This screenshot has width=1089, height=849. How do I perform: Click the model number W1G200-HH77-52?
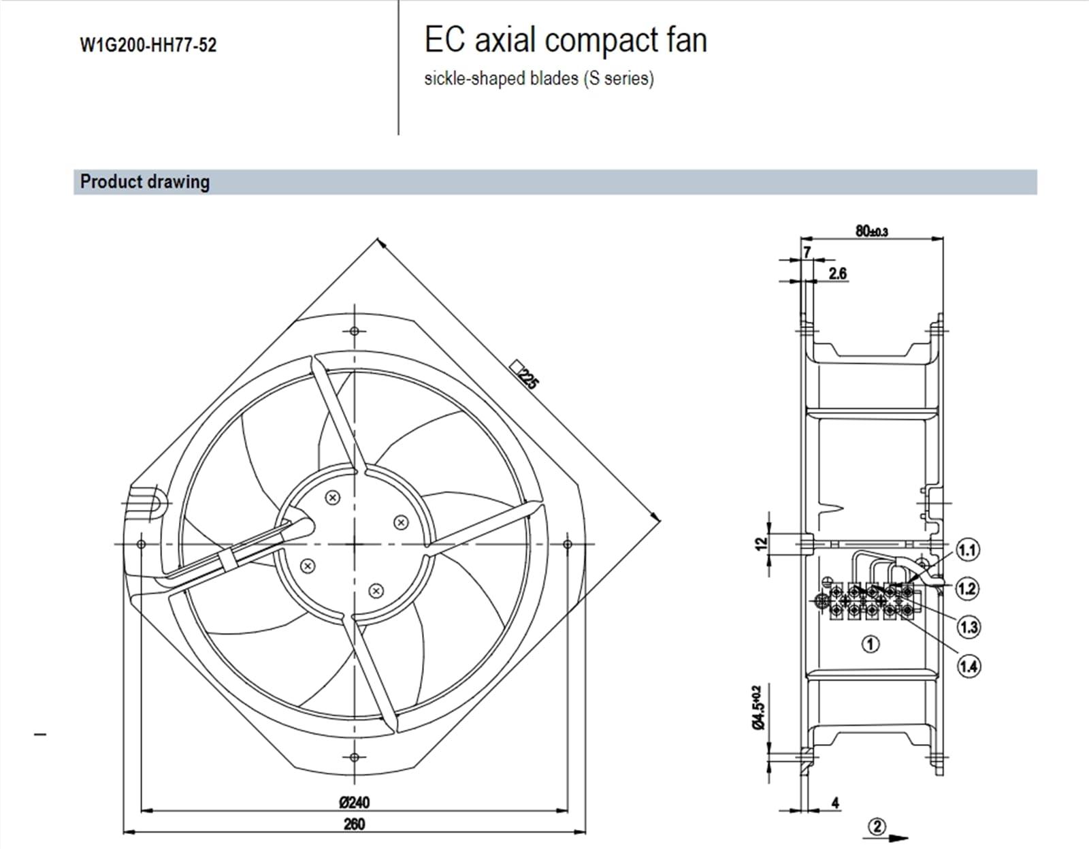coord(148,46)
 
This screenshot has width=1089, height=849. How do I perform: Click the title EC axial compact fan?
coord(566,40)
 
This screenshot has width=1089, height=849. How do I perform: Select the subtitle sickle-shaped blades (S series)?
coord(538,78)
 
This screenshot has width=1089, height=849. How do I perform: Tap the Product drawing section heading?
coord(145,182)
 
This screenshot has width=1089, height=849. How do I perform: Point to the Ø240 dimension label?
coord(354,802)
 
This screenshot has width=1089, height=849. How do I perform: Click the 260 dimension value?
coord(354,824)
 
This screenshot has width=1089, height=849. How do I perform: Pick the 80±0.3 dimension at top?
coord(871,231)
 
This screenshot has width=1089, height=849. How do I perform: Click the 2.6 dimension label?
coord(838,274)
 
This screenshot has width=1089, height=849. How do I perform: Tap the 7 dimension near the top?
coord(807,252)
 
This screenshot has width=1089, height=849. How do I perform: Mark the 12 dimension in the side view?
coord(761,543)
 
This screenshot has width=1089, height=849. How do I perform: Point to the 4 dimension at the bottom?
coord(835,803)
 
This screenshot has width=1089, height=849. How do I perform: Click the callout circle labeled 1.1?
coord(967,549)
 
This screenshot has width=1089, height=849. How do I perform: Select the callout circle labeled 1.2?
coord(967,588)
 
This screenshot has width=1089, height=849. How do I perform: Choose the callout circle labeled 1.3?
coord(968,626)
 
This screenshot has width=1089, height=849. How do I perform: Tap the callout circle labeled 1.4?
coord(968,666)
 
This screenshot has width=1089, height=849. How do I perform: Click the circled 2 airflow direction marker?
coord(877,827)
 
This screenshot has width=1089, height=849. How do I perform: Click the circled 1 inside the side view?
coord(871,643)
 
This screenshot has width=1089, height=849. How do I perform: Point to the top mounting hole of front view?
coord(354,332)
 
